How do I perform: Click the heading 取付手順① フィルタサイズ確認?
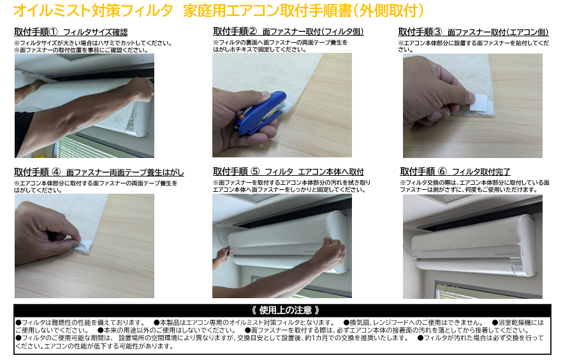click(71, 32)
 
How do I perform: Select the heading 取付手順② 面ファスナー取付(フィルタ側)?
click(288, 32)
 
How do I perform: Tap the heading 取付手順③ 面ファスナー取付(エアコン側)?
click(473, 32)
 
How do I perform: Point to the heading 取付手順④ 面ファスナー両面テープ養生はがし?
click(99, 172)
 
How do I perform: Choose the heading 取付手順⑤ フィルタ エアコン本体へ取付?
click(288, 171)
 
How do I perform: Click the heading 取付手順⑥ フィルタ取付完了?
click(455, 171)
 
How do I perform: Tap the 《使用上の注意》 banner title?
click(286, 310)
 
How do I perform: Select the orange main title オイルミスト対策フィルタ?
click(93, 11)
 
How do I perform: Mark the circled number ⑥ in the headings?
click(442, 171)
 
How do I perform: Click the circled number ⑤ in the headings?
click(255, 171)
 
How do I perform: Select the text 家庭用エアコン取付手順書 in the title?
click(268, 11)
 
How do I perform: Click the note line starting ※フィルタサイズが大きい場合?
click(93, 43)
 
